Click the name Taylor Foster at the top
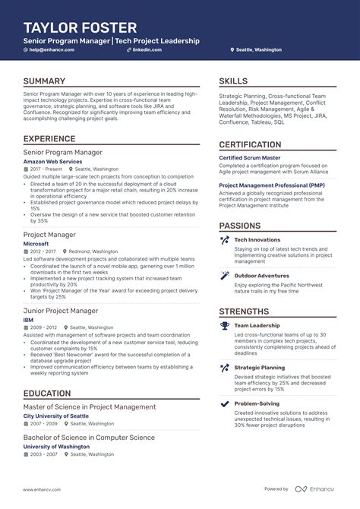[x=80, y=27]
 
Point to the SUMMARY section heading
[x=44, y=81]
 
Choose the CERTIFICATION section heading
[x=250, y=144]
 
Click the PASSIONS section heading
[x=240, y=226]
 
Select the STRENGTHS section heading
[x=244, y=311]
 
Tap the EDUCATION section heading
[x=47, y=393]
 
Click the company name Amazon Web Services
[x=52, y=162]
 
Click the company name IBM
[x=29, y=320]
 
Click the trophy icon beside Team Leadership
[x=224, y=326]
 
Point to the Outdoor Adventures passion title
[x=262, y=275]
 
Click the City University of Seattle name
[x=55, y=416]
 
